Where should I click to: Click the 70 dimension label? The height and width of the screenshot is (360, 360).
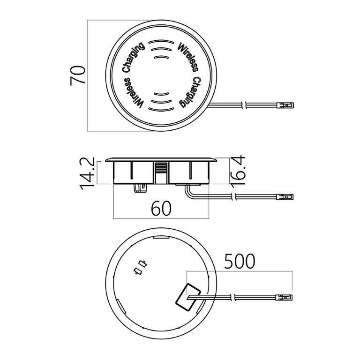[x=78, y=75]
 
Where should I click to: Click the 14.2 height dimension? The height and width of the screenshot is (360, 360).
[x=87, y=173]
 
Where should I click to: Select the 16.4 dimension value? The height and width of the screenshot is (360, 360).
[x=237, y=170]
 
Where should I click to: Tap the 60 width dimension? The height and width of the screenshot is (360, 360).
[x=161, y=208]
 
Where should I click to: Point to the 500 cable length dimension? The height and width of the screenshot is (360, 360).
[x=240, y=261]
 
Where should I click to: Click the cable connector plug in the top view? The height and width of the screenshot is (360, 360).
[x=285, y=105]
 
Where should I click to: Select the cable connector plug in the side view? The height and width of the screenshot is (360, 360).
[x=285, y=197]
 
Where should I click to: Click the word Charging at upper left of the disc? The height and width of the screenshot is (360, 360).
[x=133, y=57]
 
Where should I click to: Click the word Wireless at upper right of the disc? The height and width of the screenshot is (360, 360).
[x=188, y=57]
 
